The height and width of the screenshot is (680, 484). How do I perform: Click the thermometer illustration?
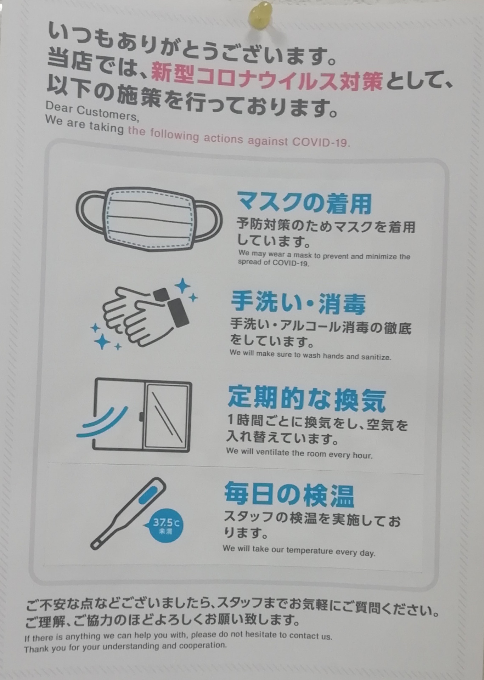(x=128, y=514)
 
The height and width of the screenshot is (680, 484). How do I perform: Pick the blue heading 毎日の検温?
(x=289, y=494)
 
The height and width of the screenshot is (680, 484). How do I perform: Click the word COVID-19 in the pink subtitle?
(x=321, y=142)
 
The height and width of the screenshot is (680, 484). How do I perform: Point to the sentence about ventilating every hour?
(x=299, y=453)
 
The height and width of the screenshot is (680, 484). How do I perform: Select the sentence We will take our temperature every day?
(x=299, y=550)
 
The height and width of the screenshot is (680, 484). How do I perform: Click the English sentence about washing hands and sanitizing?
(x=310, y=355)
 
